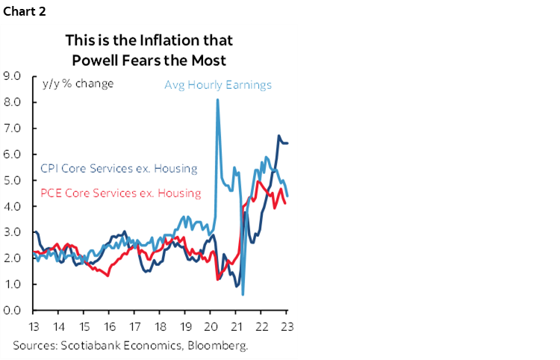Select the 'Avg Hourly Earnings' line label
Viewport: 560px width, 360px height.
[217, 84]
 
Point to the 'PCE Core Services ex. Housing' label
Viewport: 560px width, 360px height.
[118, 193]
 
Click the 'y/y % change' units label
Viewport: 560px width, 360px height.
[72, 83]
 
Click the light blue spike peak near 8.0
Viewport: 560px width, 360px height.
[217, 99]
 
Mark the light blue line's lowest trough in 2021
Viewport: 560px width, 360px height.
[243, 294]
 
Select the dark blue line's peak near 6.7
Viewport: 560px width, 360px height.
[279, 136]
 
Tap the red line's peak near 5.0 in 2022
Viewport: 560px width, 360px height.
[258, 181]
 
